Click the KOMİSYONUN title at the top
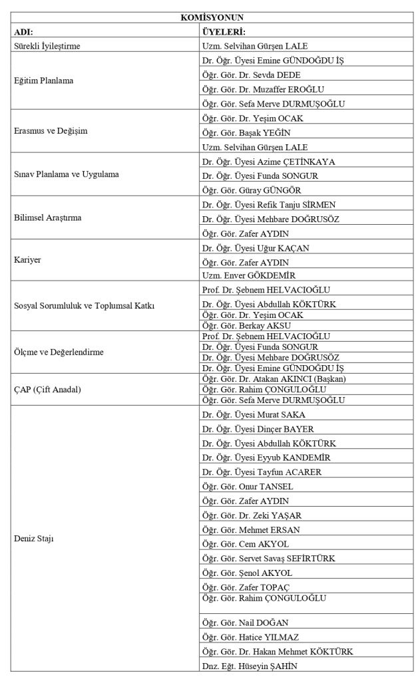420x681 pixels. [209, 19]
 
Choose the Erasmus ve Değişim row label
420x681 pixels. [50, 132]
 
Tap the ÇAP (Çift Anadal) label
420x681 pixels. [47, 389]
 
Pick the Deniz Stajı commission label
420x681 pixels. [33, 539]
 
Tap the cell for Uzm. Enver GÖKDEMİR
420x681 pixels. [249, 275]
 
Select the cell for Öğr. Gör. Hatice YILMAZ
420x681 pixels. [250, 637]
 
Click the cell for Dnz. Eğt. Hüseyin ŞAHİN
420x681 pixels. [249, 666]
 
